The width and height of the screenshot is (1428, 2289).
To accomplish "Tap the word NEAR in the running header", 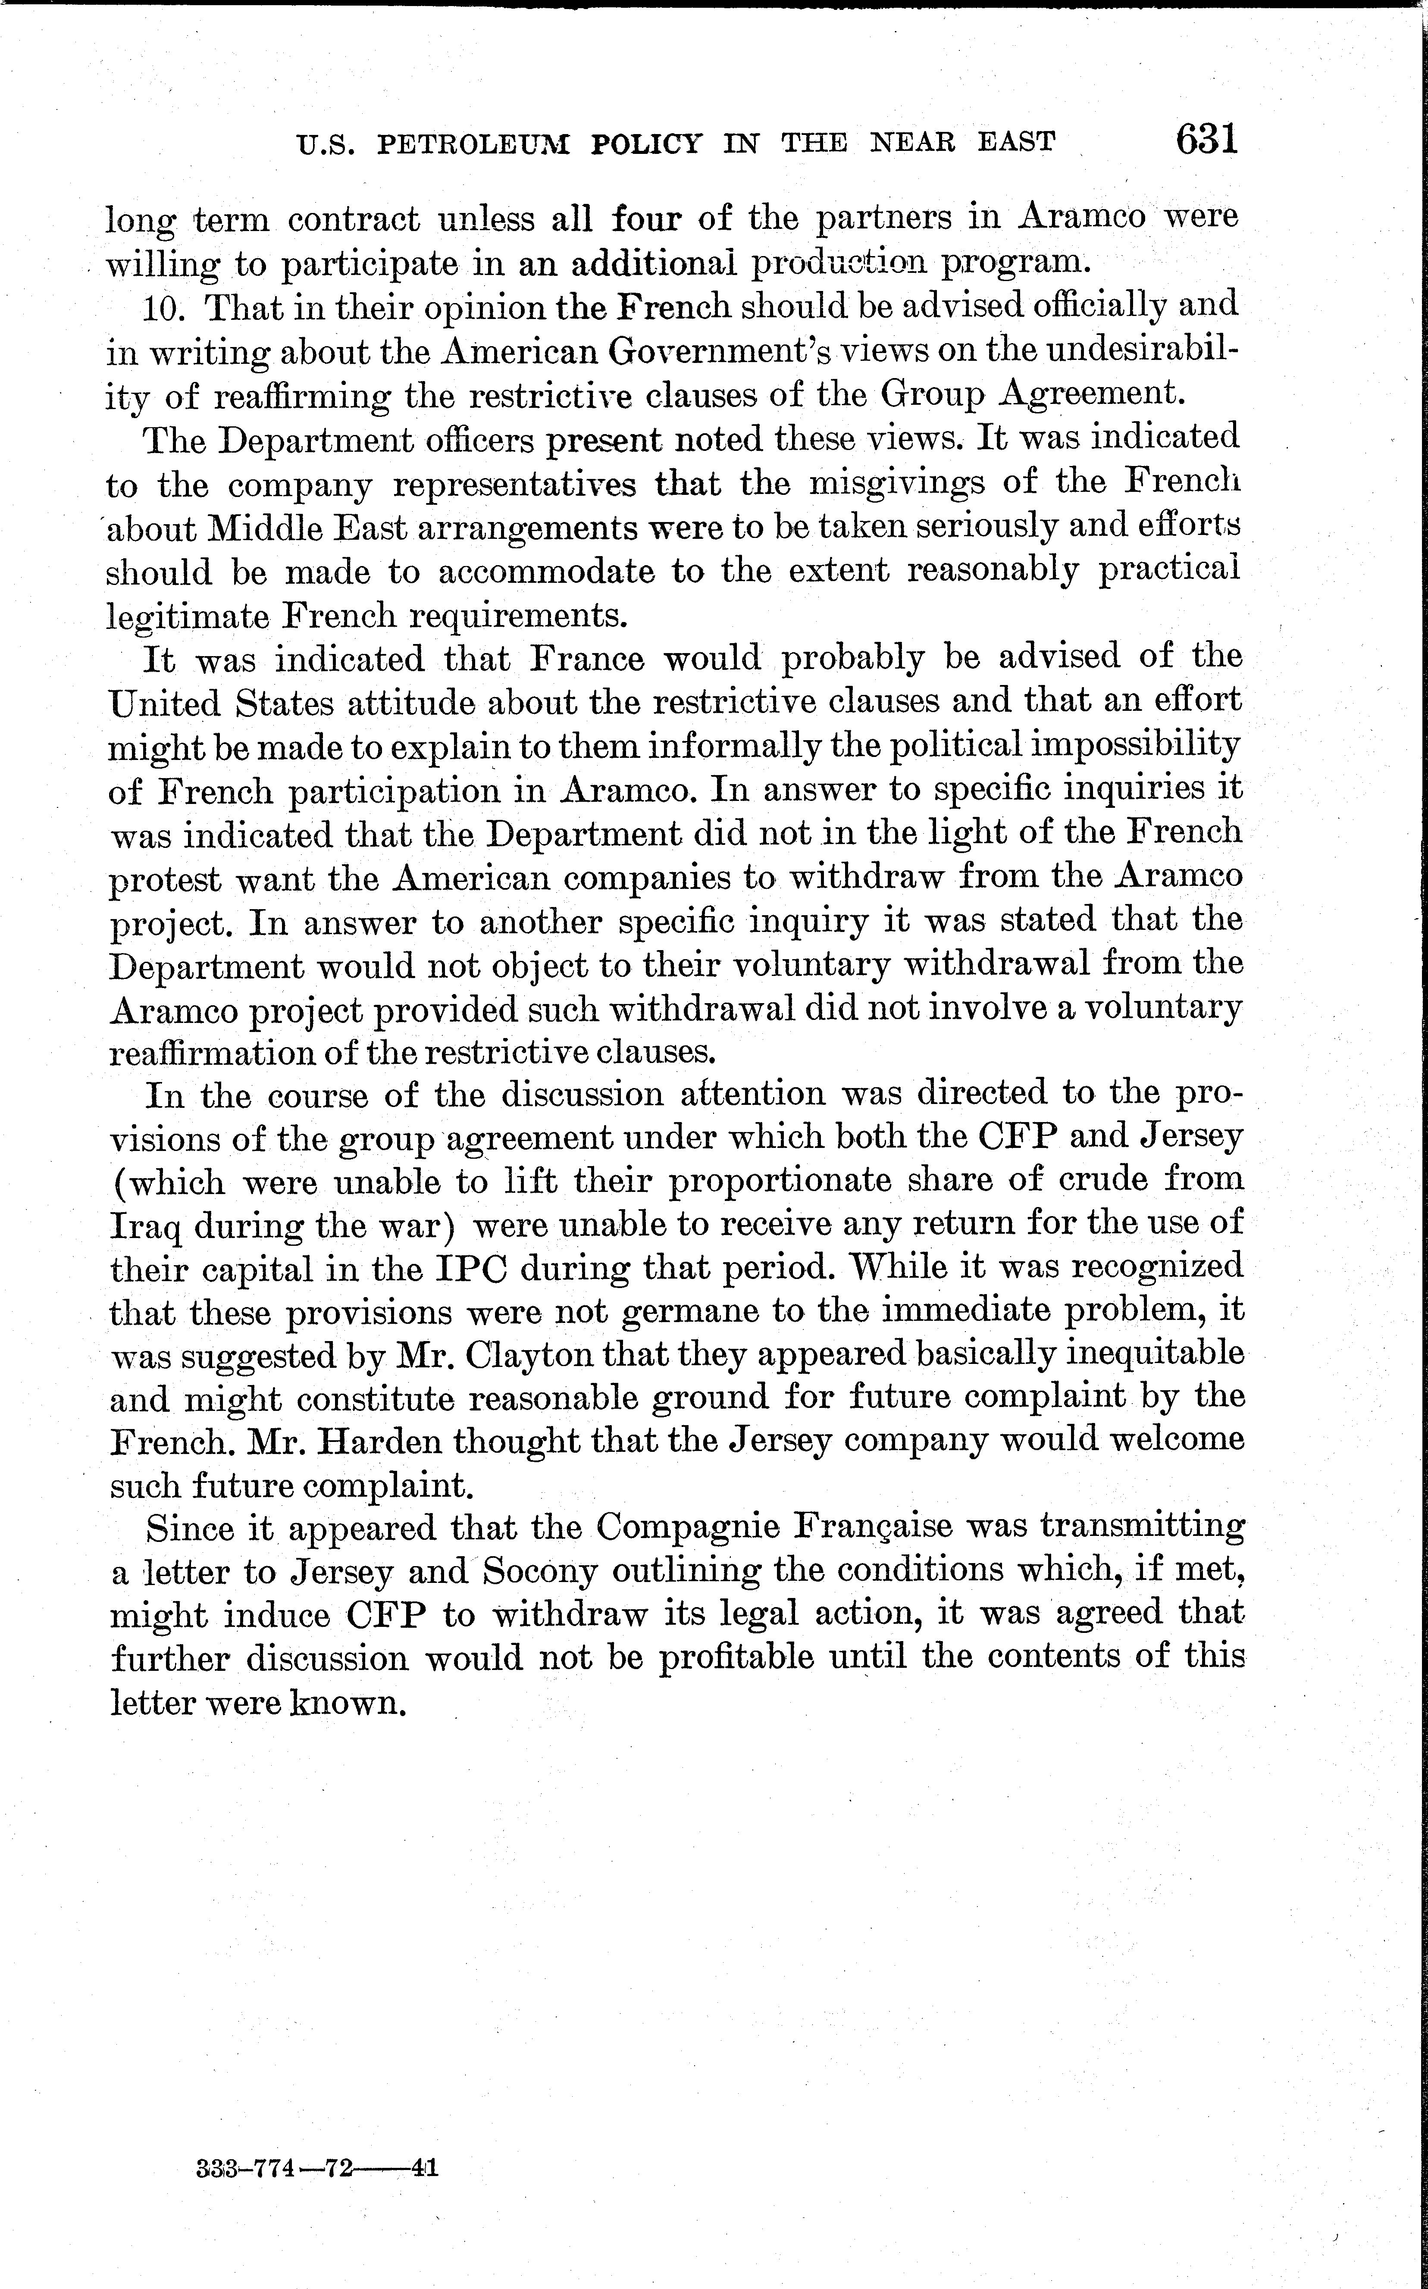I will pyautogui.click(x=911, y=143).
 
